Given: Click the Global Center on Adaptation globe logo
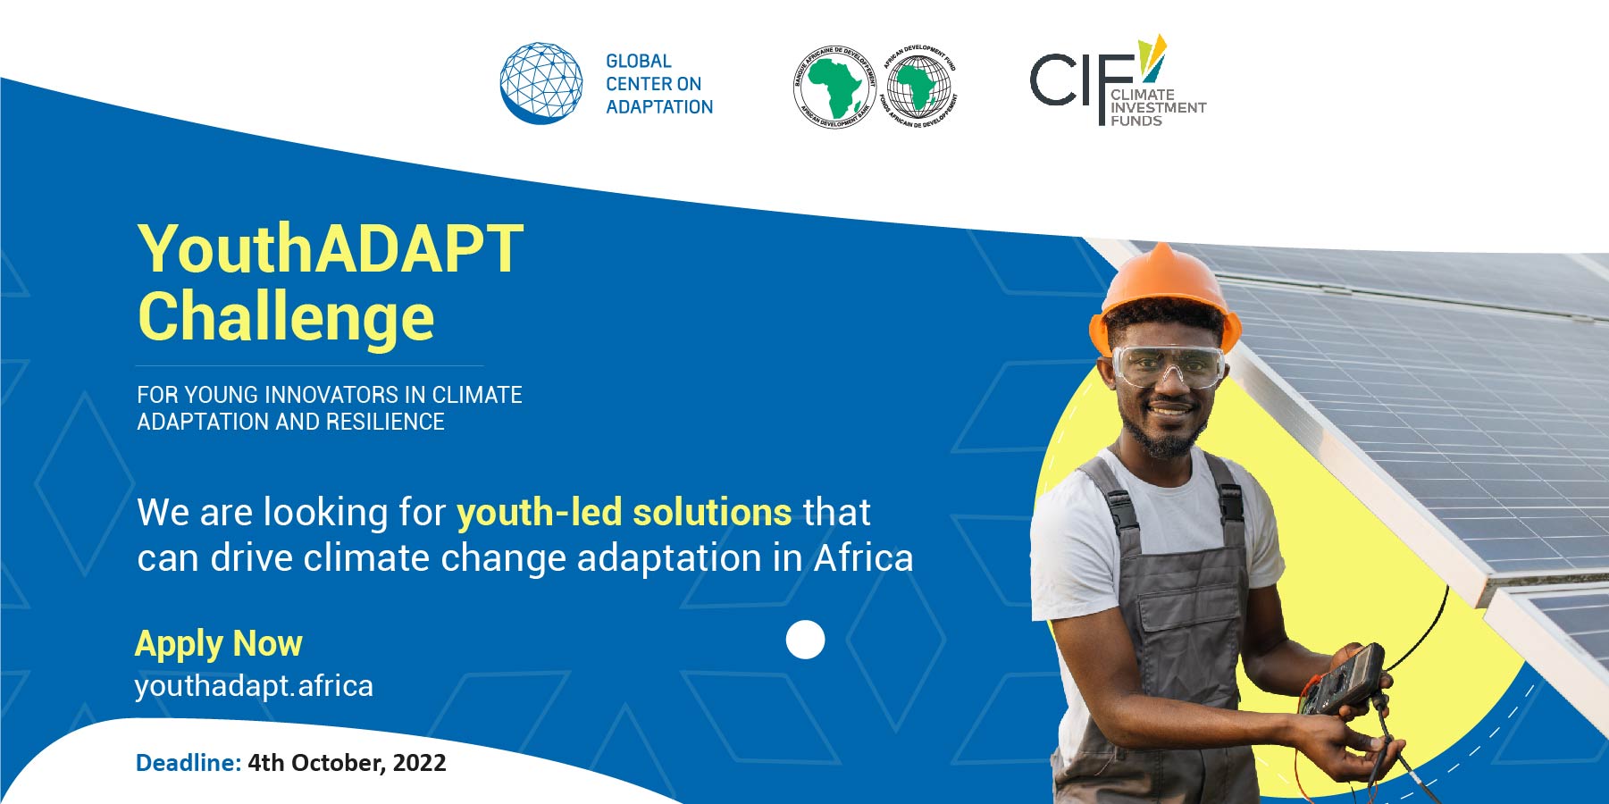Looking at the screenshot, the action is (x=541, y=83).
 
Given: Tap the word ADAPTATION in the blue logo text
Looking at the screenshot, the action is (x=659, y=107).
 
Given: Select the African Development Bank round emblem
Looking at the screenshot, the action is (x=834, y=87).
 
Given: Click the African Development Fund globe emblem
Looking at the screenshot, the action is (x=918, y=87).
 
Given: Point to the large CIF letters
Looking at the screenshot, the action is (x=1082, y=82).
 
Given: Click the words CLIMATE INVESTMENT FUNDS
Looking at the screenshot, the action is (x=1158, y=107).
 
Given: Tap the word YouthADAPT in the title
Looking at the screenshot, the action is (x=331, y=248).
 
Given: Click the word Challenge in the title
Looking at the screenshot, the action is (x=286, y=318).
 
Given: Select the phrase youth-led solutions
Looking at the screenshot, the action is (x=624, y=513).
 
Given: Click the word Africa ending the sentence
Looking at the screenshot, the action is (x=863, y=558).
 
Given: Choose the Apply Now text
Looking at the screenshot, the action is (x=219, y=644).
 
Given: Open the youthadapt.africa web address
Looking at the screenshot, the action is (x=254, y=686).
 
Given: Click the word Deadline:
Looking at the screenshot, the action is (x=189, y=763).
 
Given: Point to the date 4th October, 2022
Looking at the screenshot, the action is (x=347, y=763).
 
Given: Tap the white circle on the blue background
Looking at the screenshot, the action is (x=805, y=640).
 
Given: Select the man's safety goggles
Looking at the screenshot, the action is (x=1168, y=366).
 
